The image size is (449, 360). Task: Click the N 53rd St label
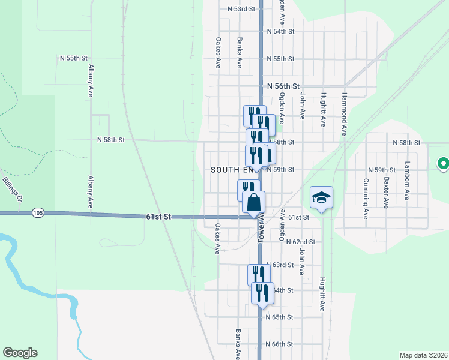click(x=241, y=9)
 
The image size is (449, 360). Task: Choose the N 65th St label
click(x=279, y=317)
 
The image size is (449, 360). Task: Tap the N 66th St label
click(x=279, y=344)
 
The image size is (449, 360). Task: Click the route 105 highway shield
click(x=38, y=212)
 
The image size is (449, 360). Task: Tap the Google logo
click(x=20, y=353)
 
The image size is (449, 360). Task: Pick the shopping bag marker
click(x=254, y=202)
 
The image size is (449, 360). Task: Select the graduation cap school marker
click(x=321, y=197)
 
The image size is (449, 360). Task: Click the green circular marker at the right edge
click(x=444, y=163)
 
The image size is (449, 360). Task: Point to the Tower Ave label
click(x=262, y=226)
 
